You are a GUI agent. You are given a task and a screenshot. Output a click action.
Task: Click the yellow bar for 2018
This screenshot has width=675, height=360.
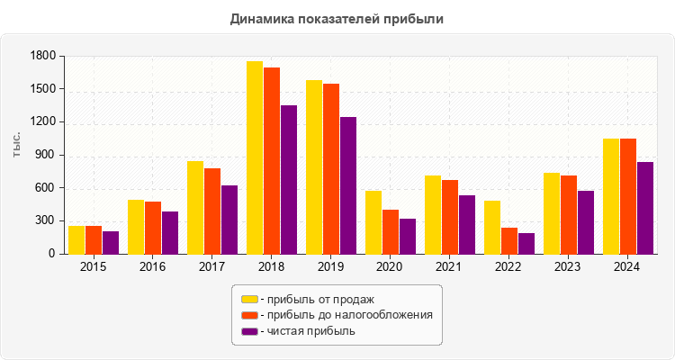tap(255, 157)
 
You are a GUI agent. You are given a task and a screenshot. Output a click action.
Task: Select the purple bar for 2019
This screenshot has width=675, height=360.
tap(348, 185)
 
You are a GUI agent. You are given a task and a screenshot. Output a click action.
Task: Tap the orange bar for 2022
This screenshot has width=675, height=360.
tap(509, 240)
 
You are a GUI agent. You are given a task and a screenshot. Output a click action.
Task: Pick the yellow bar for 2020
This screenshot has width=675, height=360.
tap(373, 222)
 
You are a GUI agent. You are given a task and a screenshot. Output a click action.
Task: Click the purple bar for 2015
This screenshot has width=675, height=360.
tap(111, 242)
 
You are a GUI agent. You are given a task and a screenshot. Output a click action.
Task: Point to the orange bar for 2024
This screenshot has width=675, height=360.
tap(628, 196)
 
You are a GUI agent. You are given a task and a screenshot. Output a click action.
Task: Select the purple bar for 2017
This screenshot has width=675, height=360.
tap(229, 220)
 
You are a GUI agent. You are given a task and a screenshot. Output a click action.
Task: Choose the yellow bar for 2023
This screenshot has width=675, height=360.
tap(552, 213)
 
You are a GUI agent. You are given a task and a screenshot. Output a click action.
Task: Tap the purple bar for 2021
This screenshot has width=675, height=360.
tap(467, 224)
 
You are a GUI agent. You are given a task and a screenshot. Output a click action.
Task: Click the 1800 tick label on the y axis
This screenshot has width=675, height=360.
tap(43, 57)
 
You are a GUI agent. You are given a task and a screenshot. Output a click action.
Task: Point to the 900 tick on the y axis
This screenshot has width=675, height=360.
tap(47, 155)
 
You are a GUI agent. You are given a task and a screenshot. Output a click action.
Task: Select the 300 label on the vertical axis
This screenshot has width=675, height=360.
tap(47, 220)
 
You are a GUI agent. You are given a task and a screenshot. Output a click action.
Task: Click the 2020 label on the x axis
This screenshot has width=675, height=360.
tap(390, 267)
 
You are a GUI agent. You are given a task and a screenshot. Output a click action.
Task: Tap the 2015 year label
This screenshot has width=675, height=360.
tap(93, 267)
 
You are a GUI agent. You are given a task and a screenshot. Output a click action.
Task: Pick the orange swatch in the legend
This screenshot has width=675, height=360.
tap(249, 315)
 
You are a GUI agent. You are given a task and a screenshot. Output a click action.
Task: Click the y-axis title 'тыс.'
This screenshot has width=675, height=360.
tap(18, 145)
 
